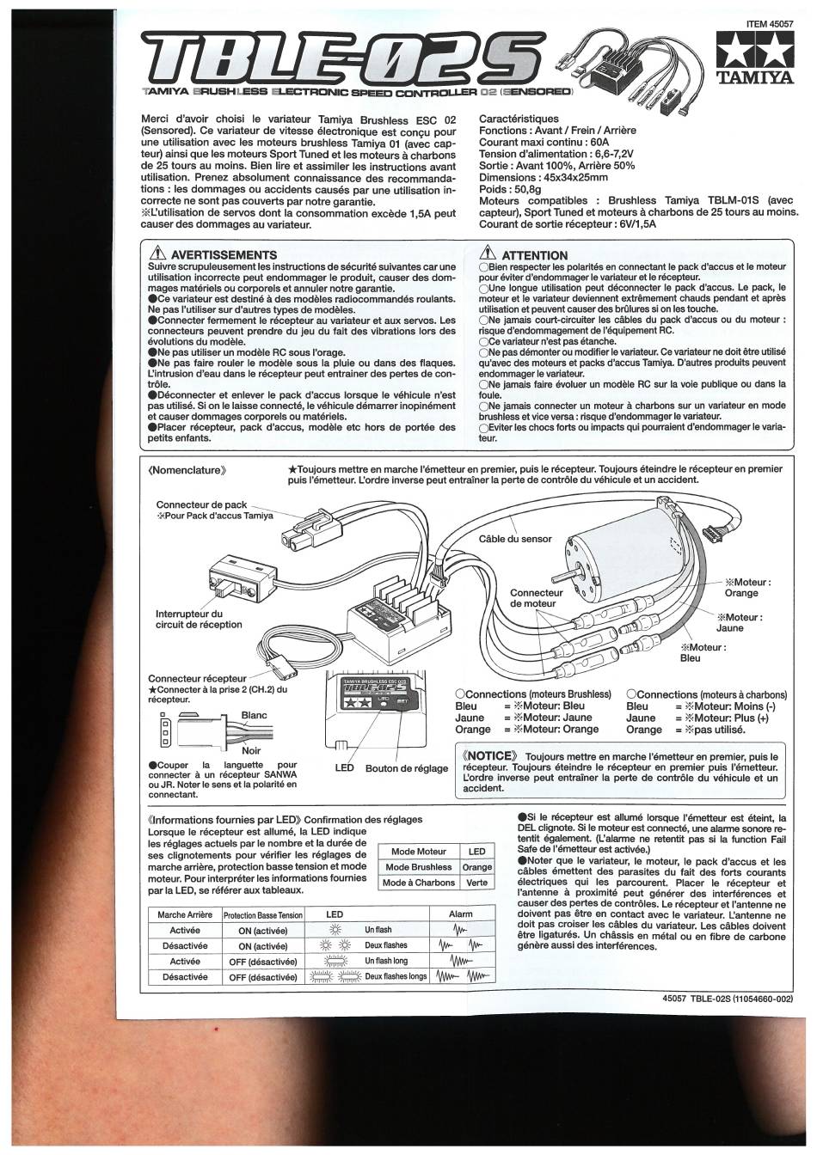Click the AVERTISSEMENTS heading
(x=224, y=255)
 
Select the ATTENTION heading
(x=534, y=256)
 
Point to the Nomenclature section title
(x=187, y=470)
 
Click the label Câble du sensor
(x=515, y=539)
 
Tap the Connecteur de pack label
(x=201, y=504)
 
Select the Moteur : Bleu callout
(x=703, y=652)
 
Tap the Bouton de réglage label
(x=407, y=768)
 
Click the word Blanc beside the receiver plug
(x=254, y=715)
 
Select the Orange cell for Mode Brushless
(x=476, y=867)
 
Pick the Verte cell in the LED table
(x=476, y=883)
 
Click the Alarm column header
(x=460, y=914)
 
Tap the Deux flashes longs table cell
(x=396, y=976)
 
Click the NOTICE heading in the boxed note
(x=490, y=756)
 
